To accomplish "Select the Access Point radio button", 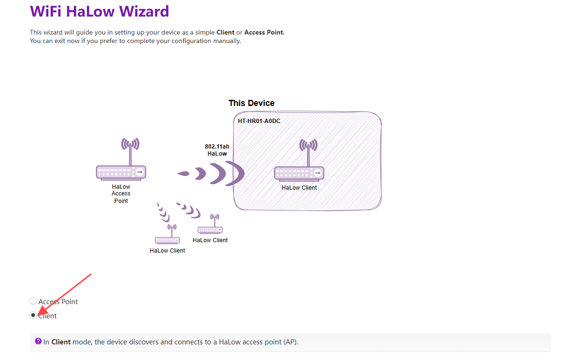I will tap(33, 301).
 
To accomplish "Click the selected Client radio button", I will tap(33, 315).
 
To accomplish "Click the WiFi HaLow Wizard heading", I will tap(99, 11).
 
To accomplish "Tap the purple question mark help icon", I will tap(38, 341).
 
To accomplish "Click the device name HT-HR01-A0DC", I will tap(259, 121).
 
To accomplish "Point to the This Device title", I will tap(251, 103).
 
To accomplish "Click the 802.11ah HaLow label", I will tap(217, 150).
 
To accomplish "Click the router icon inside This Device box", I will tap(299, 173).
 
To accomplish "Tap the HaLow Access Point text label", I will tap(121, 193).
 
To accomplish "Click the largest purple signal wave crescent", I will tap(236, 174).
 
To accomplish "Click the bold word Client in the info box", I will tap(61, 342).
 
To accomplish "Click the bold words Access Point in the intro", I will tap(264, 33).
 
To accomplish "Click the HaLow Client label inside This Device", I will tap(299, 188).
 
